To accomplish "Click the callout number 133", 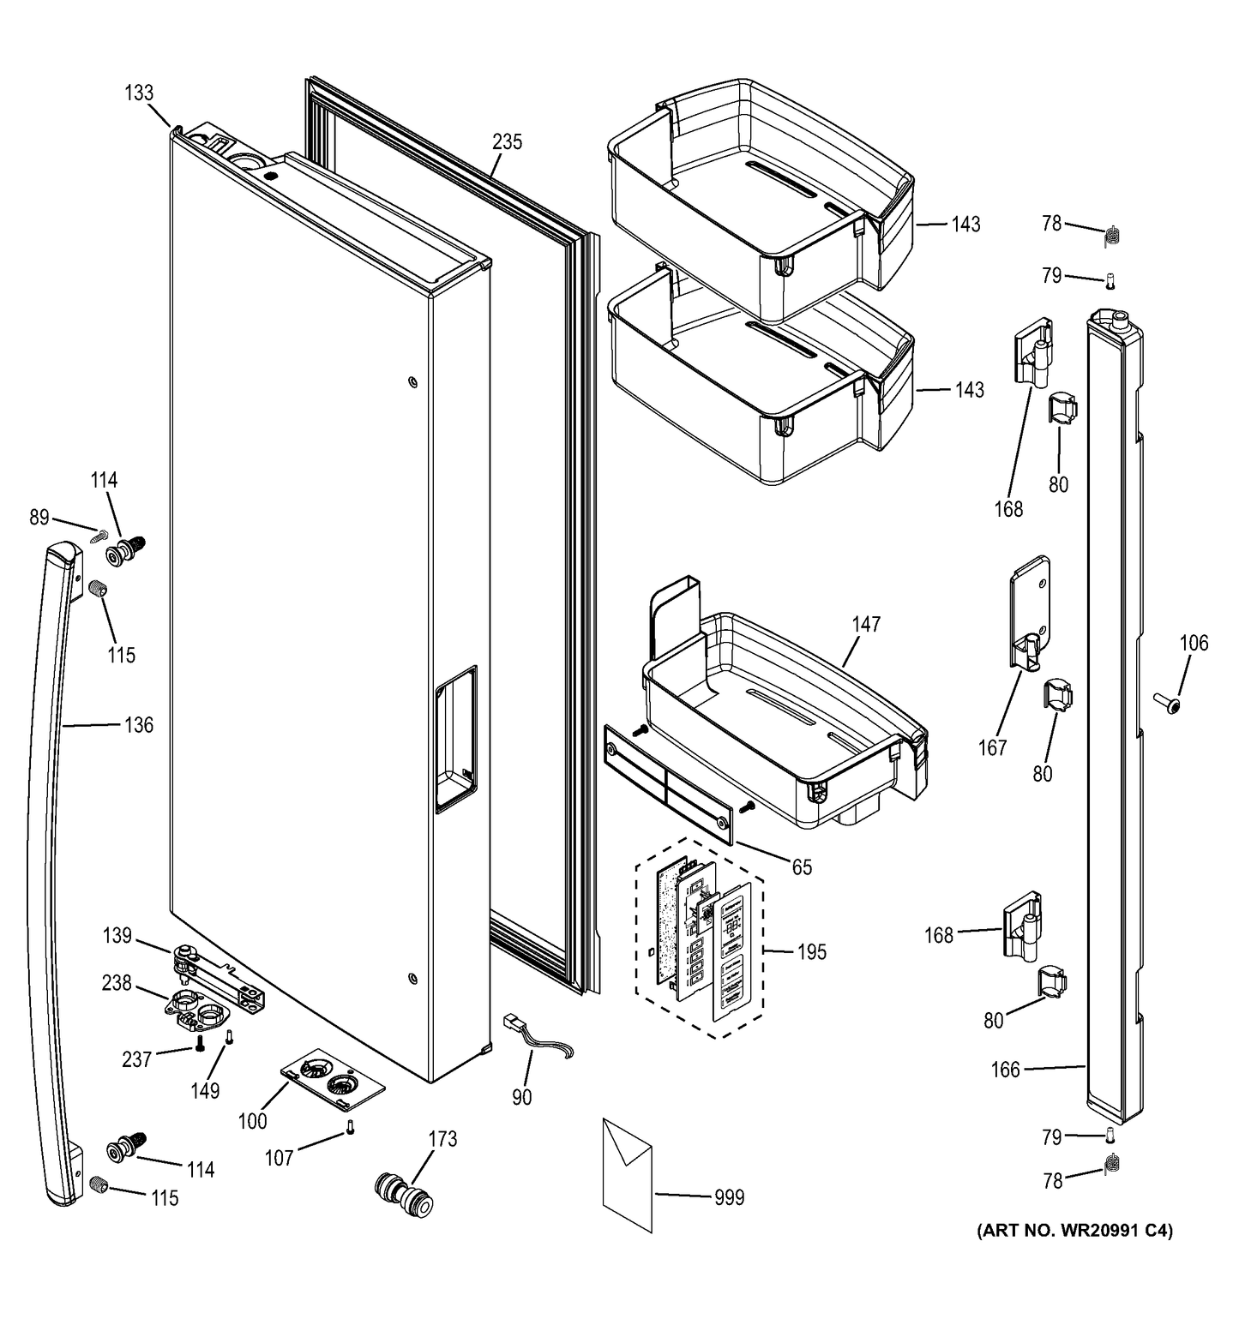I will point(139,93).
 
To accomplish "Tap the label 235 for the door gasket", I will point(507,141).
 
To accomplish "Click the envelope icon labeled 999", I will point(627,1174).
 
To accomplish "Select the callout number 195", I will point(810,951).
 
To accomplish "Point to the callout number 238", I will point(117,983).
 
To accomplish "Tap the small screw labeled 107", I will point(350,1128).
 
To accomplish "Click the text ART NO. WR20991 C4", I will point(1074,1231).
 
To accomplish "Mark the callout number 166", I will point(1005,1070).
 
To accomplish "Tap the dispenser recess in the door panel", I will point(454,737).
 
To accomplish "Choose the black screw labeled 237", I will point(200,1043).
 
